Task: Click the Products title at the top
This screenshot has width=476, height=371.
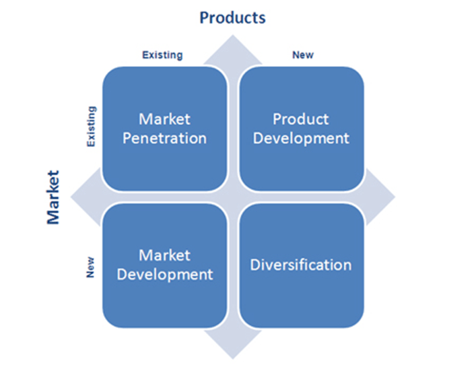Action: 232,18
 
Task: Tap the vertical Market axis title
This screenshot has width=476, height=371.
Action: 53,197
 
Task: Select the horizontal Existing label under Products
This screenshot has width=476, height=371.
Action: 162,55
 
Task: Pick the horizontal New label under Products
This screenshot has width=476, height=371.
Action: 302,55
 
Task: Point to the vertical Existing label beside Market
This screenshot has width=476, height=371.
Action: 92,127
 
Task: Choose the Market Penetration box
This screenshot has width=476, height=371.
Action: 164,129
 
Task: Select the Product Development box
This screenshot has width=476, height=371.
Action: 301,129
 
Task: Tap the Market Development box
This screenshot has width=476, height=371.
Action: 164,265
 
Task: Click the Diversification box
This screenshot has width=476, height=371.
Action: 301,265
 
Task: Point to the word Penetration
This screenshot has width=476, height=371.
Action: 164,139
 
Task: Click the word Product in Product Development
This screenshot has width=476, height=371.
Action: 301,119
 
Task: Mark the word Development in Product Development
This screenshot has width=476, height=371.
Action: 301,139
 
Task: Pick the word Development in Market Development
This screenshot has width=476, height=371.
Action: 164,275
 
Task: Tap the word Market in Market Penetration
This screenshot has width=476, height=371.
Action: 164,119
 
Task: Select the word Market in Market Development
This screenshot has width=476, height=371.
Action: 164,255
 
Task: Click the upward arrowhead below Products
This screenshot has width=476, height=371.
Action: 232,47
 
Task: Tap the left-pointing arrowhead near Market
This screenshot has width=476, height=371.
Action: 79,197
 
